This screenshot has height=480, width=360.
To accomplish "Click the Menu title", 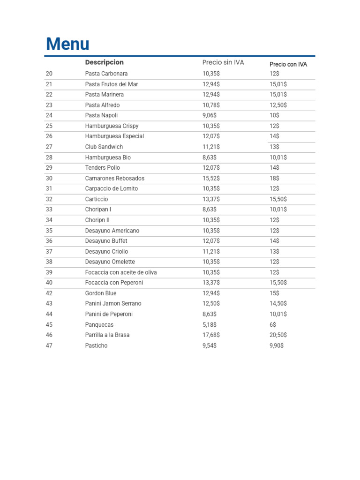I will [x=67, y=44].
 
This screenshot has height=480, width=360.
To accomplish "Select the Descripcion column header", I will [x=104, y=62].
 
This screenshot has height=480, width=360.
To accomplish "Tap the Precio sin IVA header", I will [x=223, y=62].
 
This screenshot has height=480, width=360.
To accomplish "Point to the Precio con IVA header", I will [x=288, y=64].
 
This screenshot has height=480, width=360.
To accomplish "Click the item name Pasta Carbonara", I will [x=106, y=74].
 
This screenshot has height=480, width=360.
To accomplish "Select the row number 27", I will [x=49, y=147].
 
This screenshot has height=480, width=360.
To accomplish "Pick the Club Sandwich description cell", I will [x=104, y=147].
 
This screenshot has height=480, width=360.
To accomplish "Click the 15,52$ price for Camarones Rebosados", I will [x=211, y=178].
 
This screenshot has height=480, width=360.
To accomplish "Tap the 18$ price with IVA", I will [x=274, y=178].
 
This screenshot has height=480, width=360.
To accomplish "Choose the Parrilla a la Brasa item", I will [x=107, y=335].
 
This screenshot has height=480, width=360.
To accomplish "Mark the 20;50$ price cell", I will [x=278, y=335].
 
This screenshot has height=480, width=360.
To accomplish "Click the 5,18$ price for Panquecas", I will [x=210, y=325].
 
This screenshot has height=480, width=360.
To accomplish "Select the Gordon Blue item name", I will [x=101, y=293].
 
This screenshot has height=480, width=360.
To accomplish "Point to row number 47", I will [x=49, y=345].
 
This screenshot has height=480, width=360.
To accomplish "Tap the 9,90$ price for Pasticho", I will [x=277, y=345].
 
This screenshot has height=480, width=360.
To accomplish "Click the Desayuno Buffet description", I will [x=106, y=241].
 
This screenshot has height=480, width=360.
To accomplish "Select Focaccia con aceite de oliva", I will [x=121, y=272].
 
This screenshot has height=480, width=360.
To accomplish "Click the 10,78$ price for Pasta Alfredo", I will [x=211, y=105].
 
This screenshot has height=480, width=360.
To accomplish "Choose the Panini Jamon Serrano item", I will [x=113, y=304].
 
